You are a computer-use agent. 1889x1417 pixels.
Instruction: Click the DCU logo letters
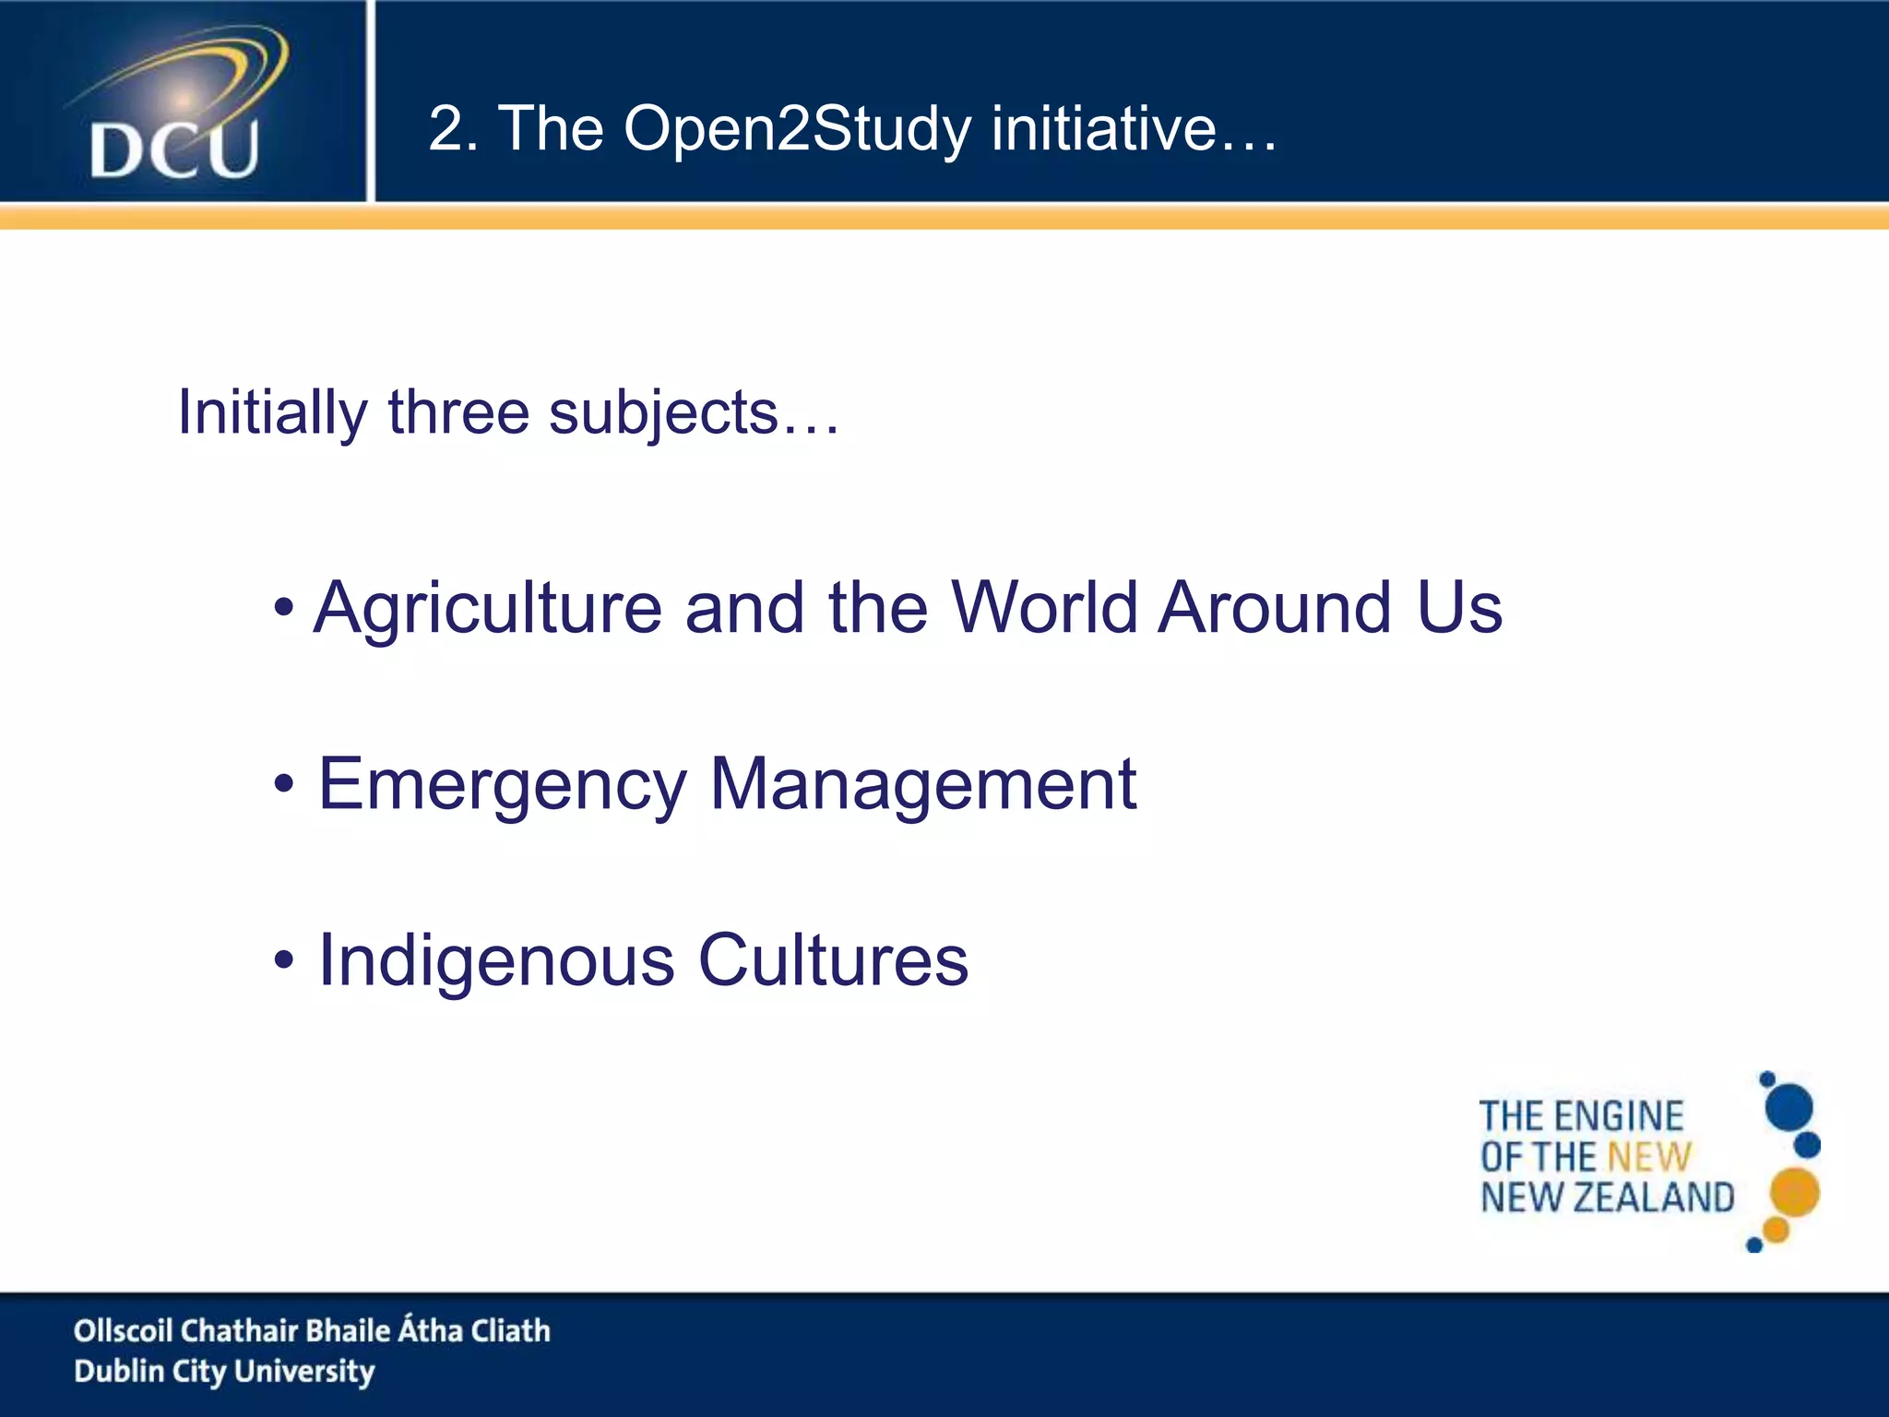174,149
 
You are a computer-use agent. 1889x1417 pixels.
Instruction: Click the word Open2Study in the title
797,128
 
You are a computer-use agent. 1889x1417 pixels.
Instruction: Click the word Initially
272,412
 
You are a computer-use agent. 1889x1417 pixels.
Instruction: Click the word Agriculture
488,609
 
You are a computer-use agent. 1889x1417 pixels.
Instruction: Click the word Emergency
503,785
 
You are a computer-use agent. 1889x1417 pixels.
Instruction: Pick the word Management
922,785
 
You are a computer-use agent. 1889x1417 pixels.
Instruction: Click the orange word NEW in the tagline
1649,1157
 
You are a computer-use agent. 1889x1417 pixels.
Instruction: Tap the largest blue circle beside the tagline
1788,1107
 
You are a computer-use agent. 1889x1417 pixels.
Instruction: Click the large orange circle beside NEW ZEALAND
1794,1192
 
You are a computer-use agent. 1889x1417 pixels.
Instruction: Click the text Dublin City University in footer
224,1372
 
